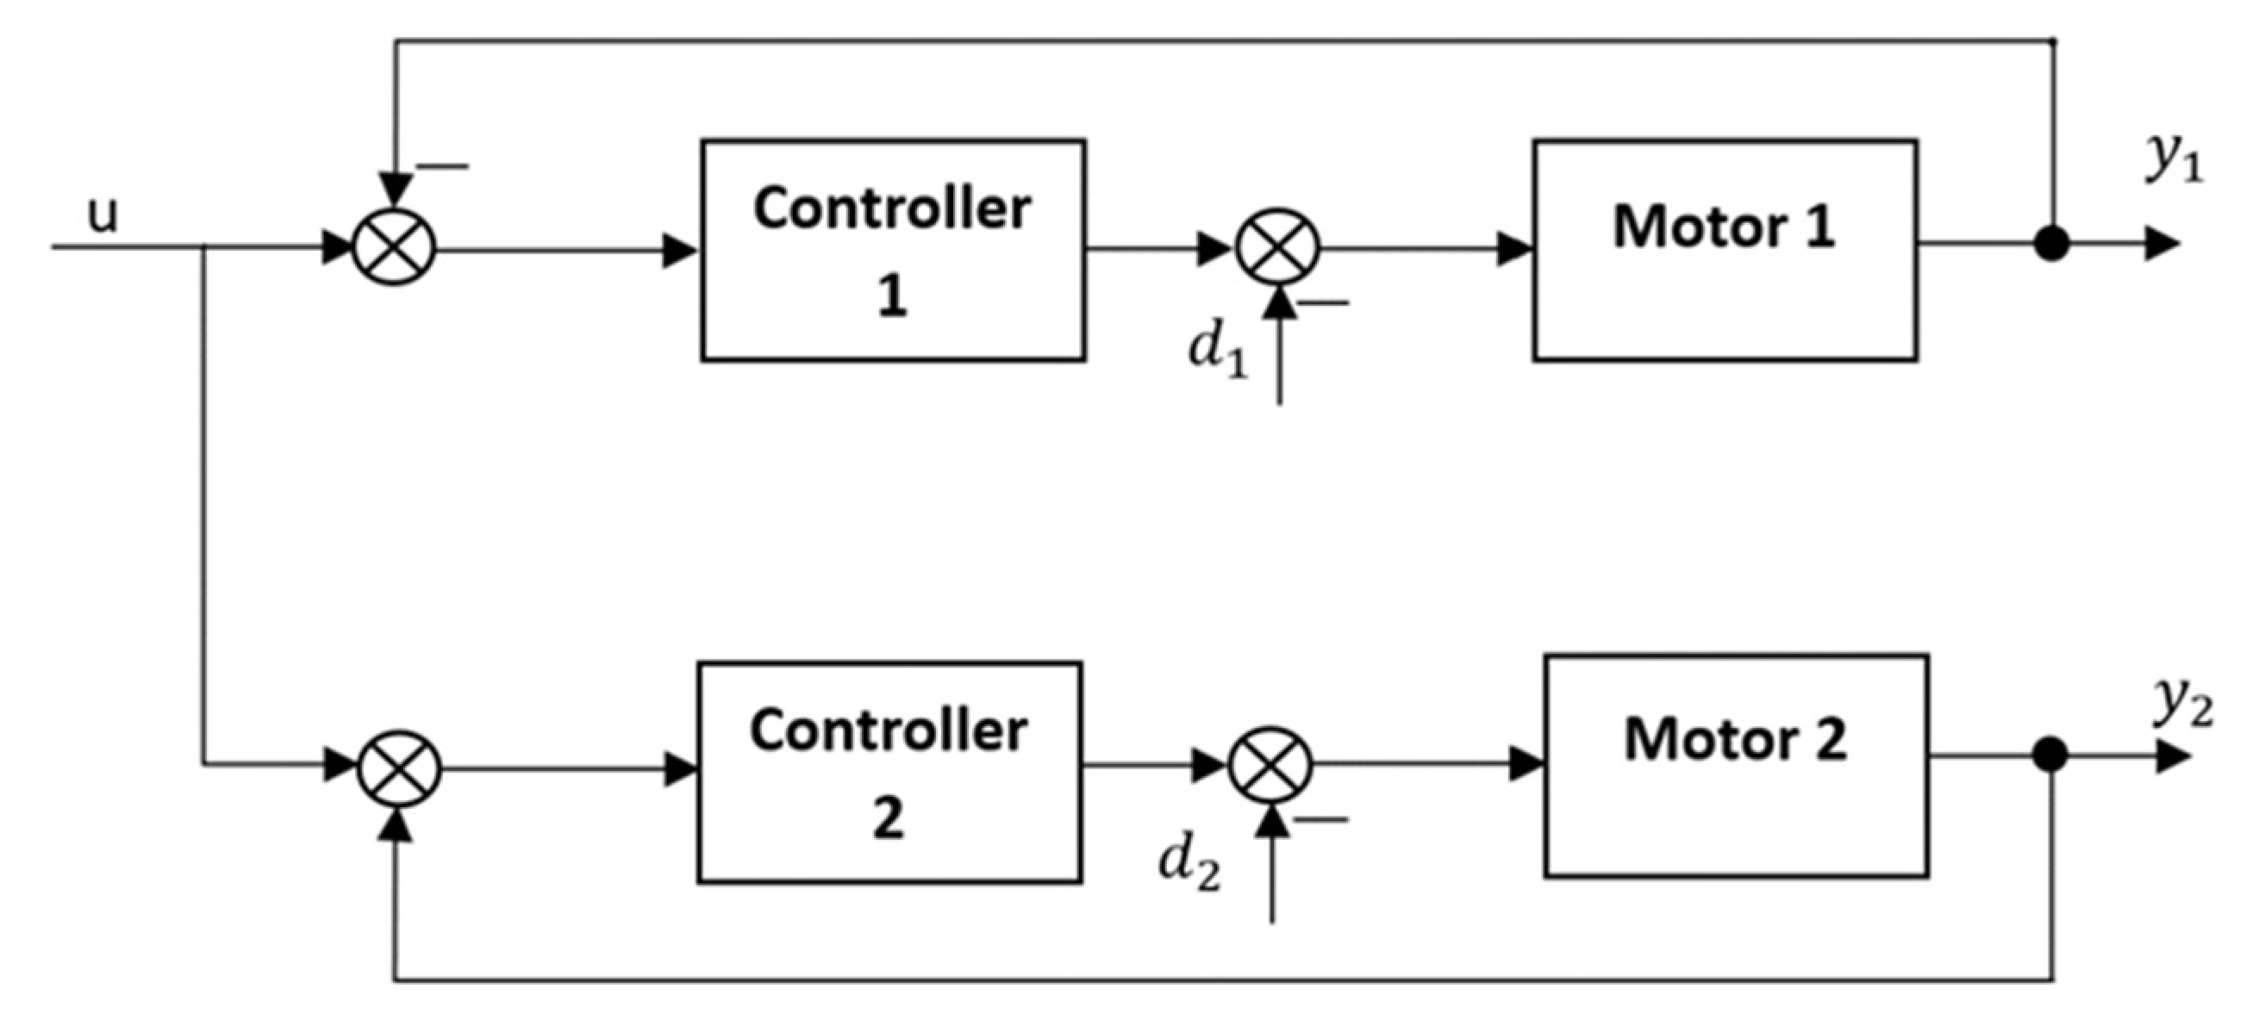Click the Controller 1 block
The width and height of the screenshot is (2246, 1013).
click(893, 250)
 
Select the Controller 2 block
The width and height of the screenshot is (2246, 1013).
click(889, 773)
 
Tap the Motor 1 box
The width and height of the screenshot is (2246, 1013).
click(1725, 250)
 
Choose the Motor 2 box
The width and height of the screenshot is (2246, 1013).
click(1736, 766)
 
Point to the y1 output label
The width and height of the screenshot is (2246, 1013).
click(2174, 159)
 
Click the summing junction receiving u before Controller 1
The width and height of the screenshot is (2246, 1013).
click(394, 247)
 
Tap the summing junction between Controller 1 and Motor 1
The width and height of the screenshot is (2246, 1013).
click(1278, 247)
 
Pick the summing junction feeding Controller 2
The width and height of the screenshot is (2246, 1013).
click(400, 768)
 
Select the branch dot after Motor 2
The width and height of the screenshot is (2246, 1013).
click(2049, 755)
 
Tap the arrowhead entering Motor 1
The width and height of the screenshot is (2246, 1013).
click(1515, 249)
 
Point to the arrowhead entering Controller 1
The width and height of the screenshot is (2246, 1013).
click(680, 250)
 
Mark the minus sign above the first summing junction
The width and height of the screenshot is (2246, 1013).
click(443, 165)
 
